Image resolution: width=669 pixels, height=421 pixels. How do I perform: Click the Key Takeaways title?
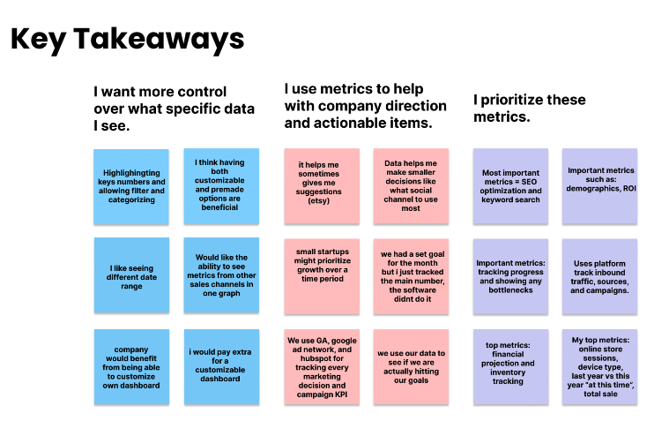[127, 41]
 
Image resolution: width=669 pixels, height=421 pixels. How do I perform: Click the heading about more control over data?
[174, 109]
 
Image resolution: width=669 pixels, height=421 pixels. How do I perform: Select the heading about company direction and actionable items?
[365, 106]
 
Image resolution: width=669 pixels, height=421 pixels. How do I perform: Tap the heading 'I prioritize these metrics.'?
[529, 109]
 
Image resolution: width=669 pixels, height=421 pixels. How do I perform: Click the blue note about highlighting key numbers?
[133, 186]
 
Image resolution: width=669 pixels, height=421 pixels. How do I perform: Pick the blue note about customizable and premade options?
[221, 186]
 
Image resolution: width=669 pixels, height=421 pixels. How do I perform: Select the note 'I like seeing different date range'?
[133, 275]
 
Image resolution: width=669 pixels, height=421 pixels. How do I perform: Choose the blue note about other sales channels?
[221, 275]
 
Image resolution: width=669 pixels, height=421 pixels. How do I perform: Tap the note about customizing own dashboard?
[133, 366]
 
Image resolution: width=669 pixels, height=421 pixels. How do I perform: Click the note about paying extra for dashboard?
[221, 366]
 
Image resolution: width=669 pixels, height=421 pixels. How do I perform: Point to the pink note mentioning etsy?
[322, 186]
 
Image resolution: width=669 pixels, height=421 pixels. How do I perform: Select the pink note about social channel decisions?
[411, 186]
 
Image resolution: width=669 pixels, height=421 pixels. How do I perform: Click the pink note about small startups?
[322, 275]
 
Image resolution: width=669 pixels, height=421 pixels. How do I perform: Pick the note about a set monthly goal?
[411, 275]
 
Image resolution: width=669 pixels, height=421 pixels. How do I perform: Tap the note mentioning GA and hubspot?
[322, 366]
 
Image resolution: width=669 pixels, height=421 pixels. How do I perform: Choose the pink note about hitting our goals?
[411, 366]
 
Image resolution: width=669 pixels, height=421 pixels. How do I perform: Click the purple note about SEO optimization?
[510, 186]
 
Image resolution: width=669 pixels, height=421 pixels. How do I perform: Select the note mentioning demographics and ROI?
[601, 186]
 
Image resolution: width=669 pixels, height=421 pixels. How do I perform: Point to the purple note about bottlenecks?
[510, 275]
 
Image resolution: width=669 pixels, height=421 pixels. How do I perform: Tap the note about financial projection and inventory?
[510, 366]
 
